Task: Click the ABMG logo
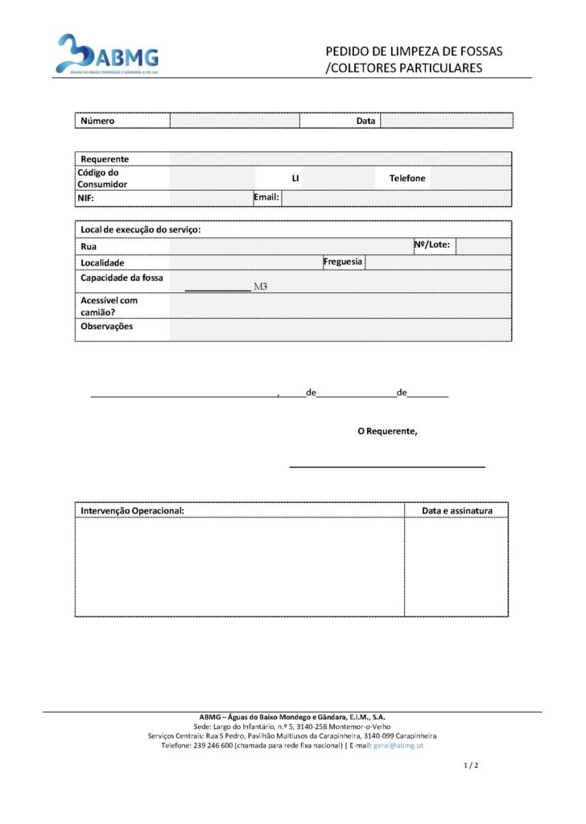click(x=107, y=55)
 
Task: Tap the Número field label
click(x=97, y=121)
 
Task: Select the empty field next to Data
click(x=446, y=121)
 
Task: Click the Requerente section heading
click(x=105, y=159)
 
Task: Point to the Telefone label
click(x=407, y=178)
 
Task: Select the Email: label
click(x=266, y=196)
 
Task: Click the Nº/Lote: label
click(x=432, y=244)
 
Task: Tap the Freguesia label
click(x=343, y=262)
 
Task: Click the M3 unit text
click(x=260, y=286)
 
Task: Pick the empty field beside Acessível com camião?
click(x=340, y=305)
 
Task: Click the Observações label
click(x=107, y=326)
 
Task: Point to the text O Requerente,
click(x=387, y=431)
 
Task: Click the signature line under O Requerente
click(x=387, y=466)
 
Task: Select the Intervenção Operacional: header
click(x=133, y=510)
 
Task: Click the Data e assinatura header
click(x=456, y=510)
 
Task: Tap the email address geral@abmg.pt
click(x=398, y=745)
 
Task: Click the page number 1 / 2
click(x=472, y=765)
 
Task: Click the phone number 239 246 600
click(x=213, y=745)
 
